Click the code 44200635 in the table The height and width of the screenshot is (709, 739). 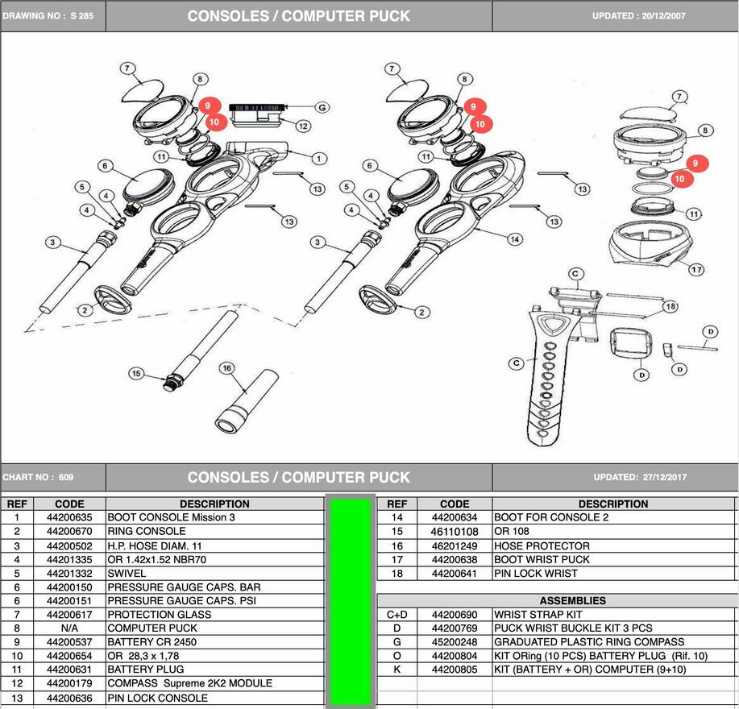click(x=69, y=517)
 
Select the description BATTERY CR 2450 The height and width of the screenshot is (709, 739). click(x=152, y=642)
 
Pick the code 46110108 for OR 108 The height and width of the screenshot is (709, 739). click(x=455, y=532)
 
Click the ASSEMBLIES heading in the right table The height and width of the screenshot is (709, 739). click(x=572, y=600)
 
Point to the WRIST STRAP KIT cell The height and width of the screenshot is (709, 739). click(x=538, y=614)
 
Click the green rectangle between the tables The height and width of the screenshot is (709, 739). click(x=350, y=601)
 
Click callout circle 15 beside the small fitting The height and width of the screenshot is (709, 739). click(x=136, y=374)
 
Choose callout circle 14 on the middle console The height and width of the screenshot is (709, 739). click(x=514, y=238)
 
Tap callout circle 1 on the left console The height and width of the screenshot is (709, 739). click(x=319, y=158)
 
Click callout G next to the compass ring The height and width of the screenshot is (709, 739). click(x=322, y=106)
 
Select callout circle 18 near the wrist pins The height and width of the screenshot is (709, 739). click(x=670, y=306)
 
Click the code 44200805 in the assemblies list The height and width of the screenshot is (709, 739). click(x=455, y=670)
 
